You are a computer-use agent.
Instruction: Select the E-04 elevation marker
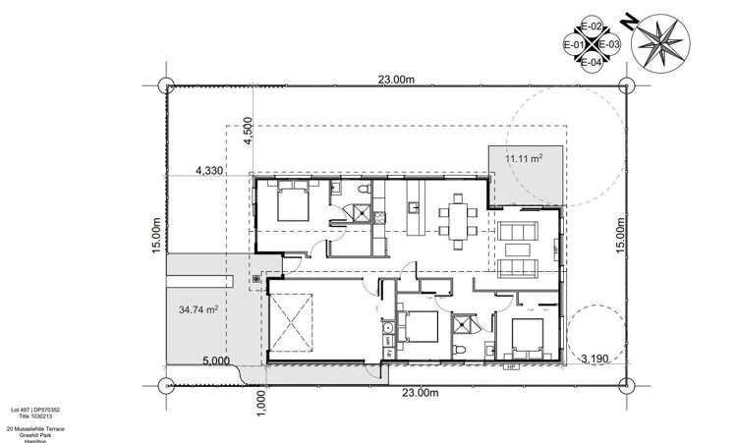(592, 63)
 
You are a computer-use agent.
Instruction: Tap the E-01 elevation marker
(574, 45)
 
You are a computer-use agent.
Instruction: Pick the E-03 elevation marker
(609, 45)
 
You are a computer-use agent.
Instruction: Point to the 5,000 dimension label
(218, 360)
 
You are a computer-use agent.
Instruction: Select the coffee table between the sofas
(517, 249)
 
